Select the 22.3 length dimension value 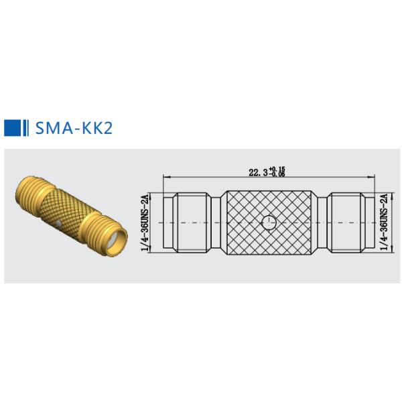(257, 172)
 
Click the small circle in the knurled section (269, 222)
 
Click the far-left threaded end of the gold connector (25, 192)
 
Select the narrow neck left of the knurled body (216, 222)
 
